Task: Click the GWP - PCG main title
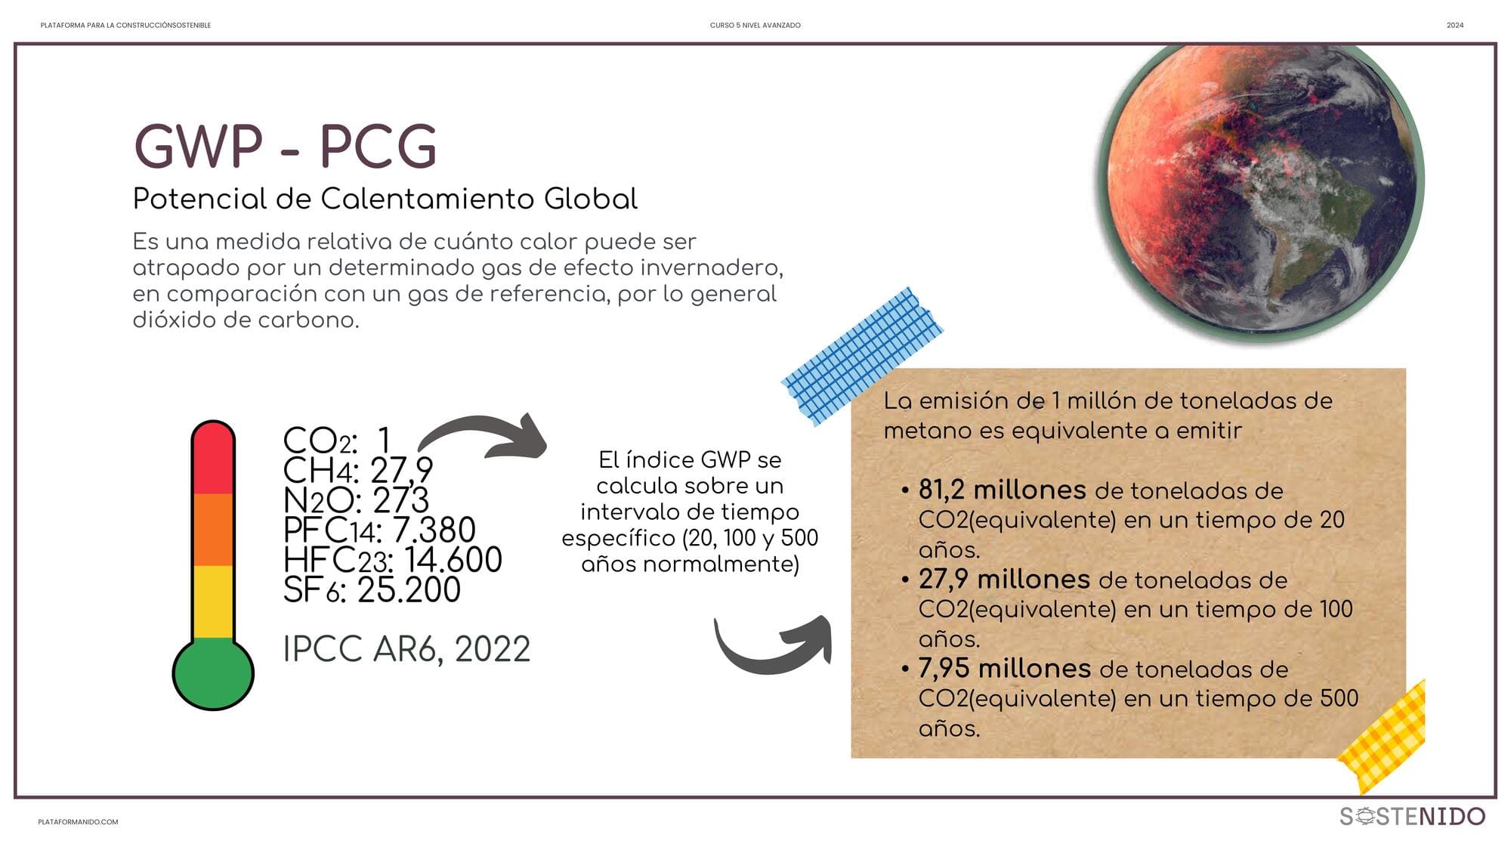click(286, 146)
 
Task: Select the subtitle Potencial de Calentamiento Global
click(385, 199)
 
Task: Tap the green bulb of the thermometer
click(213, 673)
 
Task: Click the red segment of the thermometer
click(213, 459)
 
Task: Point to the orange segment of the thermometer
click(213, 530)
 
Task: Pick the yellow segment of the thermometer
click(213, 602)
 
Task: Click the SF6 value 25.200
click(409, 590)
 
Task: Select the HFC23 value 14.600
click(453, 560)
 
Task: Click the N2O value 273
click(401, 500)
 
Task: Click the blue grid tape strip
click(862, 355)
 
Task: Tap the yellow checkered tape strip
click(1383, 737)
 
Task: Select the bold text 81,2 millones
click(1003, 490)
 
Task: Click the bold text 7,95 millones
click(1005, 668)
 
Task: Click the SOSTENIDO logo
click(1412, 816)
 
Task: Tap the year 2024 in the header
click(1455, 26)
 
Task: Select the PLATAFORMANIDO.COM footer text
click(78, 822)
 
